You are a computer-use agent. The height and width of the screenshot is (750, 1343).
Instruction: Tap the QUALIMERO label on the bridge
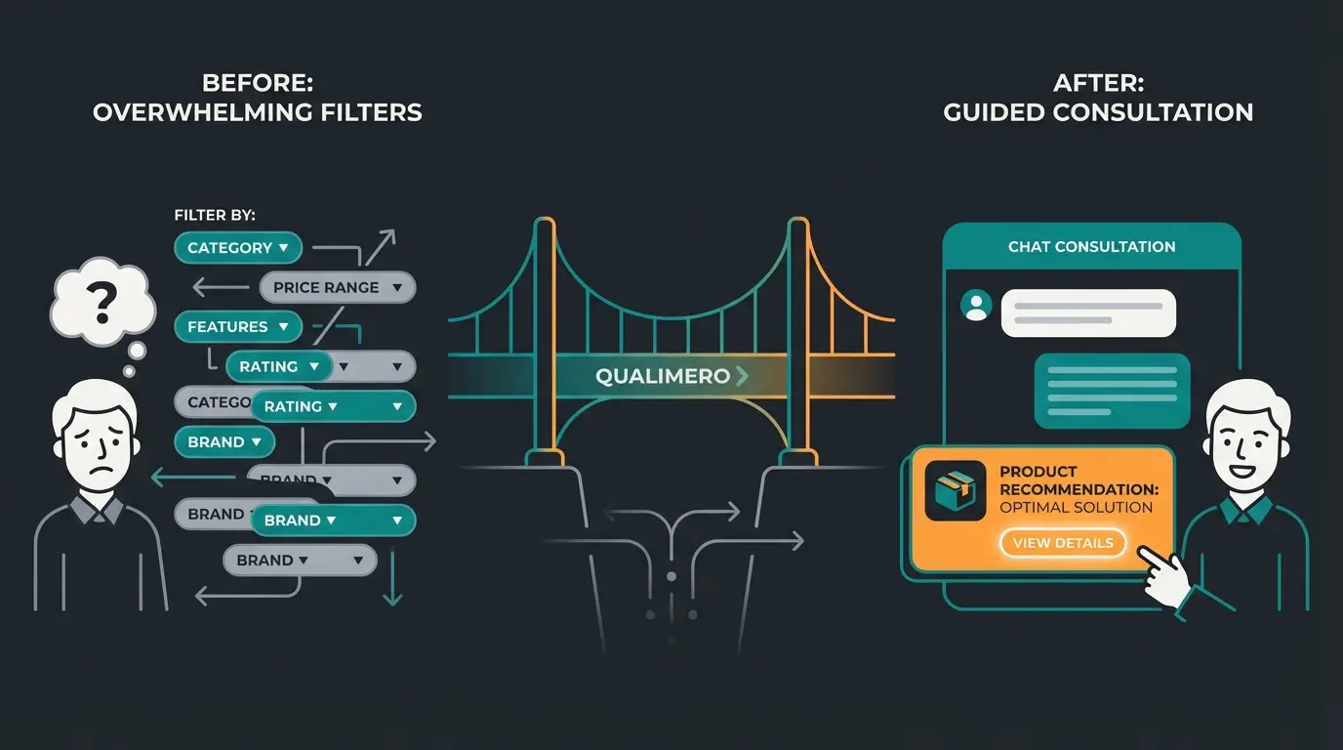[663, 376]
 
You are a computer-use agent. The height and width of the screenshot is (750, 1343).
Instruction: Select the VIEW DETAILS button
[1063, 543]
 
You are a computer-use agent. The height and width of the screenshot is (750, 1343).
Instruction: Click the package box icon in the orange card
[956, 490]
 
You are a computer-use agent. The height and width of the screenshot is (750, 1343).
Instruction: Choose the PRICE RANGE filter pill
[338, 287]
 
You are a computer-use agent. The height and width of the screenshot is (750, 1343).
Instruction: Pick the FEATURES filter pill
[237, 327]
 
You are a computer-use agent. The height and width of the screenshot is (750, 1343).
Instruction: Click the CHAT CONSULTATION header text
[1091, 247]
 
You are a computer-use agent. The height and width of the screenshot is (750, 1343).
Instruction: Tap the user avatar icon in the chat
[975, 307]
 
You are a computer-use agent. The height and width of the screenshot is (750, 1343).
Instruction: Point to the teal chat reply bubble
[1112, 391]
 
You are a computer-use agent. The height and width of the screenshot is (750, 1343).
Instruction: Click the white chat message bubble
[1088, 312]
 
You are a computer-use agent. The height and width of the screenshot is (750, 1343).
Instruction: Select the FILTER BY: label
[215, 215]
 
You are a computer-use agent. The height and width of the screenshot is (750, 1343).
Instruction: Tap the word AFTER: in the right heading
[1098, 84]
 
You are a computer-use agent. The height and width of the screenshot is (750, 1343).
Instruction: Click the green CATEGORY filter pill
[237, 248]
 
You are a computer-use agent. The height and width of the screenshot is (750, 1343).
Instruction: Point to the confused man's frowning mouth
[99, 465]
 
